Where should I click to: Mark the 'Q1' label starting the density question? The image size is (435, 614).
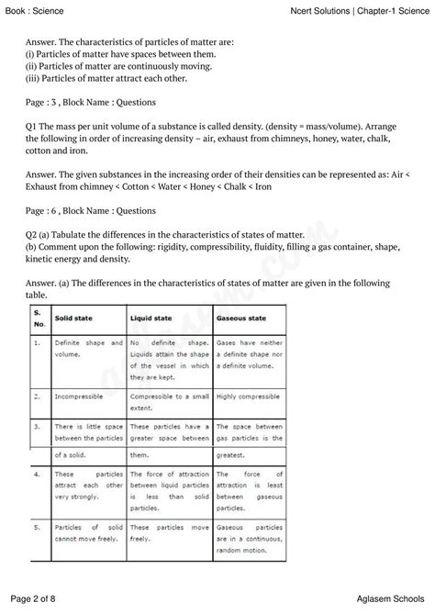[x=35, y=128]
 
